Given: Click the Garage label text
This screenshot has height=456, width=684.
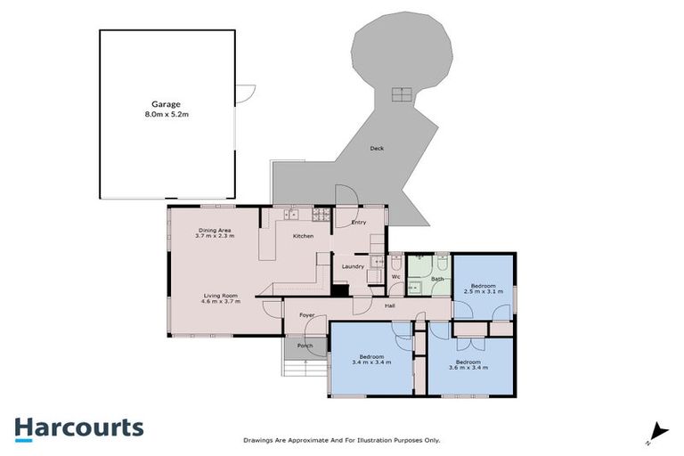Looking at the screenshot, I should click(x=167, y=104).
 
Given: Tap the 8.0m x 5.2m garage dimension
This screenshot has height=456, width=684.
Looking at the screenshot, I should click(x=167, y=115).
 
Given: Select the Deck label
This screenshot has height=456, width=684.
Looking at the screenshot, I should click(x=377, y=149).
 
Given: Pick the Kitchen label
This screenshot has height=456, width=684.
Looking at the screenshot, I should click(x=304, y=236).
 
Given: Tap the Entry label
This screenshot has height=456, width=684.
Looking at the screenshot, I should click(x=359, y=222).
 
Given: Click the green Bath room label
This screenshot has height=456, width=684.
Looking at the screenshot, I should click(x=437, y=279).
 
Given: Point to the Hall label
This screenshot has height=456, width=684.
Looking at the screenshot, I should click(x=390, y=306).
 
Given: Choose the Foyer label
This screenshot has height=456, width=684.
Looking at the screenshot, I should click(x=306, y=315).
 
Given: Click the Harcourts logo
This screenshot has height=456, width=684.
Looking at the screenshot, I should click(x=78, y=427).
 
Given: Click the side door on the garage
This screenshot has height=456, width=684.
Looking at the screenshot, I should click(x=246, y=92).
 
